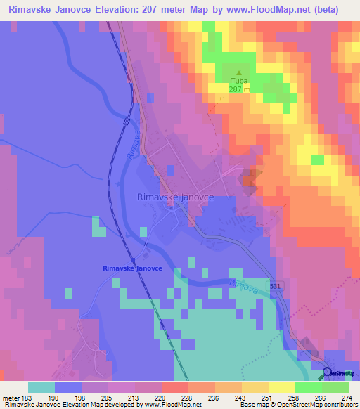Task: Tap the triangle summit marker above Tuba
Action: click(x=239, y=72)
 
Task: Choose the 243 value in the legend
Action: click(x=221, y=397)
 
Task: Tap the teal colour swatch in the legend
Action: click(x=41, y=387)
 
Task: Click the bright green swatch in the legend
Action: click(x=309, y=387)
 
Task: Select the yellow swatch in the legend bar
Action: click(x=255, y=387)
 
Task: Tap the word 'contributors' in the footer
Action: click(x=337, y=405)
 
